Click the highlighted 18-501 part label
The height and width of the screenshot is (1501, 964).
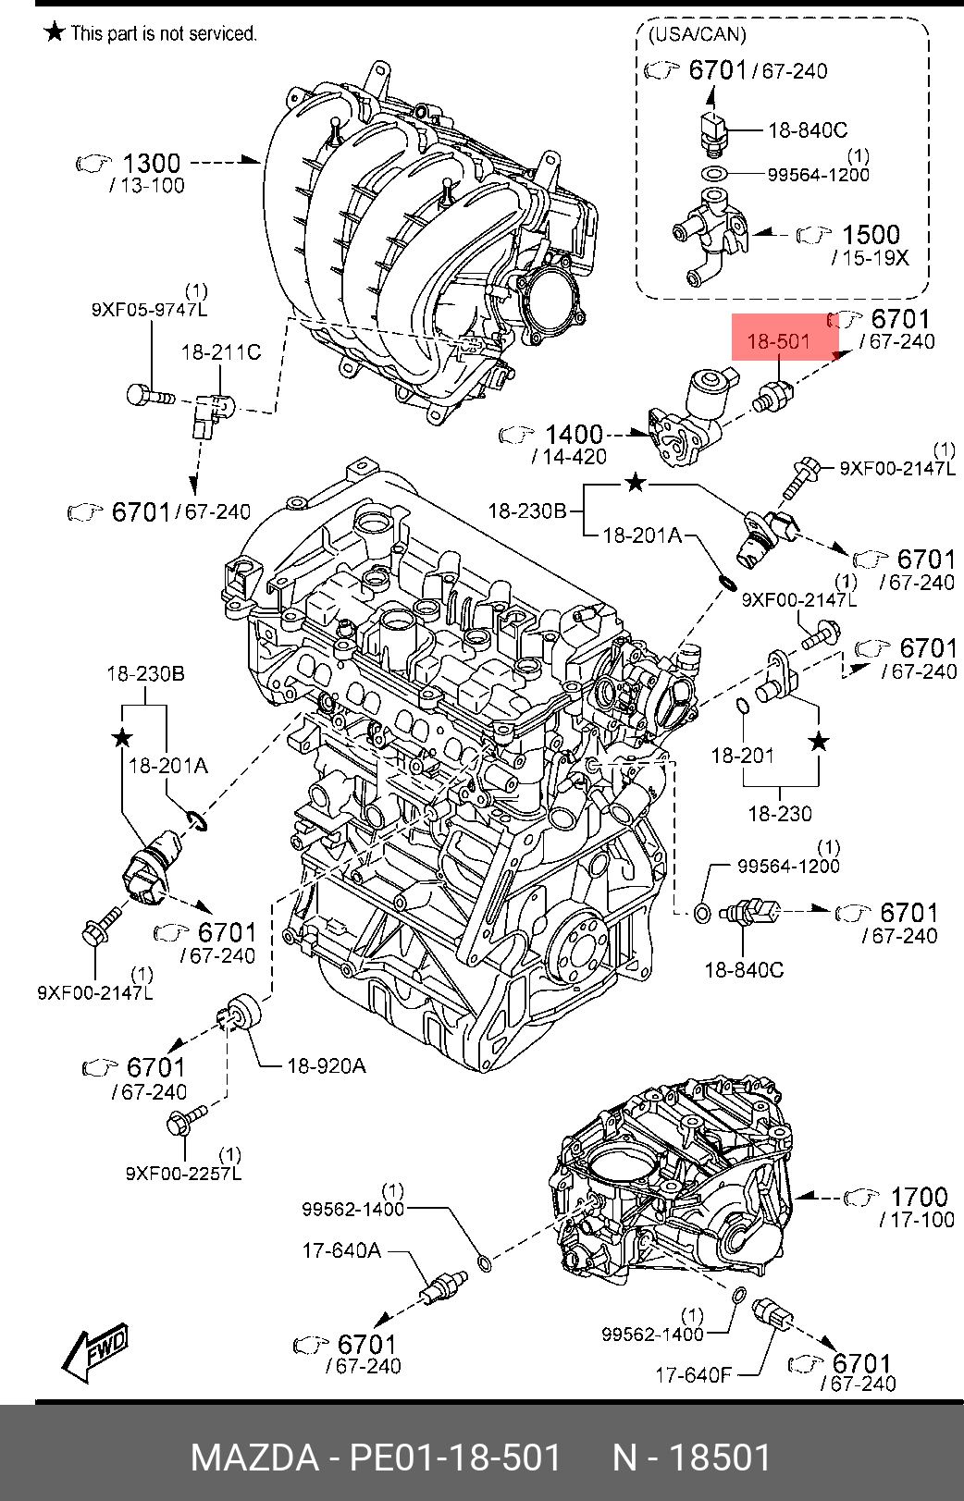tap(778, 341)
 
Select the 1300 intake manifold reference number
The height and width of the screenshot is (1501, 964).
tap(151, 163)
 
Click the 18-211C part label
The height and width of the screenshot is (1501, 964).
tap(220, 352)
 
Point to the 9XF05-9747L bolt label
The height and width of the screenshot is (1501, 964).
tap(149, 310)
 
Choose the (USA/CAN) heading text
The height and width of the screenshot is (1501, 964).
tap(698, 34)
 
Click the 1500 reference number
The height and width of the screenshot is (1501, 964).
tap(871, 235)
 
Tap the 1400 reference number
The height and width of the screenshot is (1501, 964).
tap(574, 434)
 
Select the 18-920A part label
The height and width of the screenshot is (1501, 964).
tap(326, 1066)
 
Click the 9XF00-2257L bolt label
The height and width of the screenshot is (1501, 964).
tap(183, 1174)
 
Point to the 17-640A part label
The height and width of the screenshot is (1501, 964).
tap(341, 1250)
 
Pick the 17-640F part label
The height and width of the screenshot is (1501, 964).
tap(693, 1375)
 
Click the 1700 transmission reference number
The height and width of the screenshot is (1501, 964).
tap(919, 1197)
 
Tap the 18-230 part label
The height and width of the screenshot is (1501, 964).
tap(779, 814)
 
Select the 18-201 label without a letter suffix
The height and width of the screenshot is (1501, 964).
tap(742, 756)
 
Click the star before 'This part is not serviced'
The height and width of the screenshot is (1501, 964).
tap(55, 32)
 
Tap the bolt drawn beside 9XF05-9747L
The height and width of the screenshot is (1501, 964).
tap(149, 396)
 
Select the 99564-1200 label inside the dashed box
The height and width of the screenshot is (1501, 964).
tap(818, 175)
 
